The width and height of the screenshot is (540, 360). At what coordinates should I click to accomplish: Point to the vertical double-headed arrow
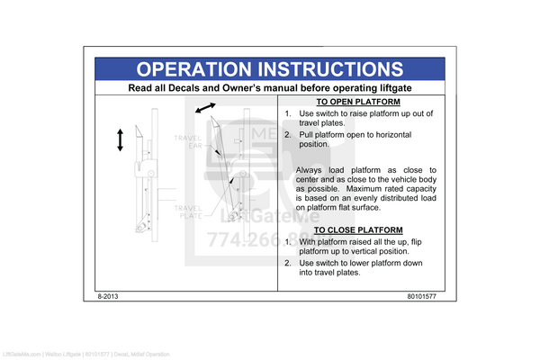pyautogui.click(x=120, y=140)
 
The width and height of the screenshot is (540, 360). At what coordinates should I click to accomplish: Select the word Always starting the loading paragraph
pyautogui.click(x=313, y=169)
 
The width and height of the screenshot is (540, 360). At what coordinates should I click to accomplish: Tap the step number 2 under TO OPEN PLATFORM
pyautogui.click(x=287, y=133)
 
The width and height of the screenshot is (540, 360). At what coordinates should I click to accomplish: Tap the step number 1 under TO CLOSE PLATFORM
pyautogui.click(x=287, y=241)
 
